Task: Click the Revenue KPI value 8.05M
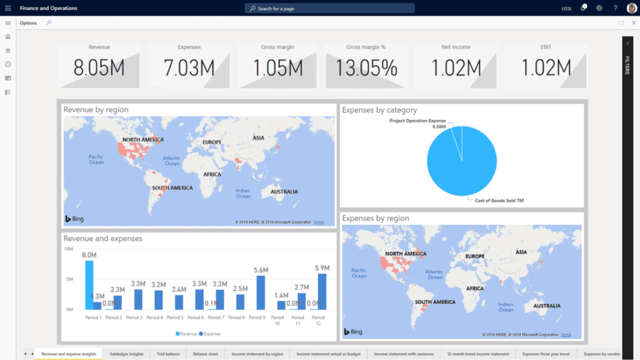point(99,67)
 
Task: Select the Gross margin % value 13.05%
point(366,67)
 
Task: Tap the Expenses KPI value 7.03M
point(189,67)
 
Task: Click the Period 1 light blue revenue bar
point(89,284)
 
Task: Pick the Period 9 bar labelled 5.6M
point(261,292)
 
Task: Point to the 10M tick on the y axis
point(69,249)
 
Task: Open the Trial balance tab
point(168,354)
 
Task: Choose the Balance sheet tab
point(206,354)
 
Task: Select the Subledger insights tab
point(126,354)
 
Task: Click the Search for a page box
point(329,8)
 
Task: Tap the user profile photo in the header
point(631,8)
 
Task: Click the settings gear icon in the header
point(599,8)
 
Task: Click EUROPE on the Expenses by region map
point(474,256)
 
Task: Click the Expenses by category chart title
point(379,110)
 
